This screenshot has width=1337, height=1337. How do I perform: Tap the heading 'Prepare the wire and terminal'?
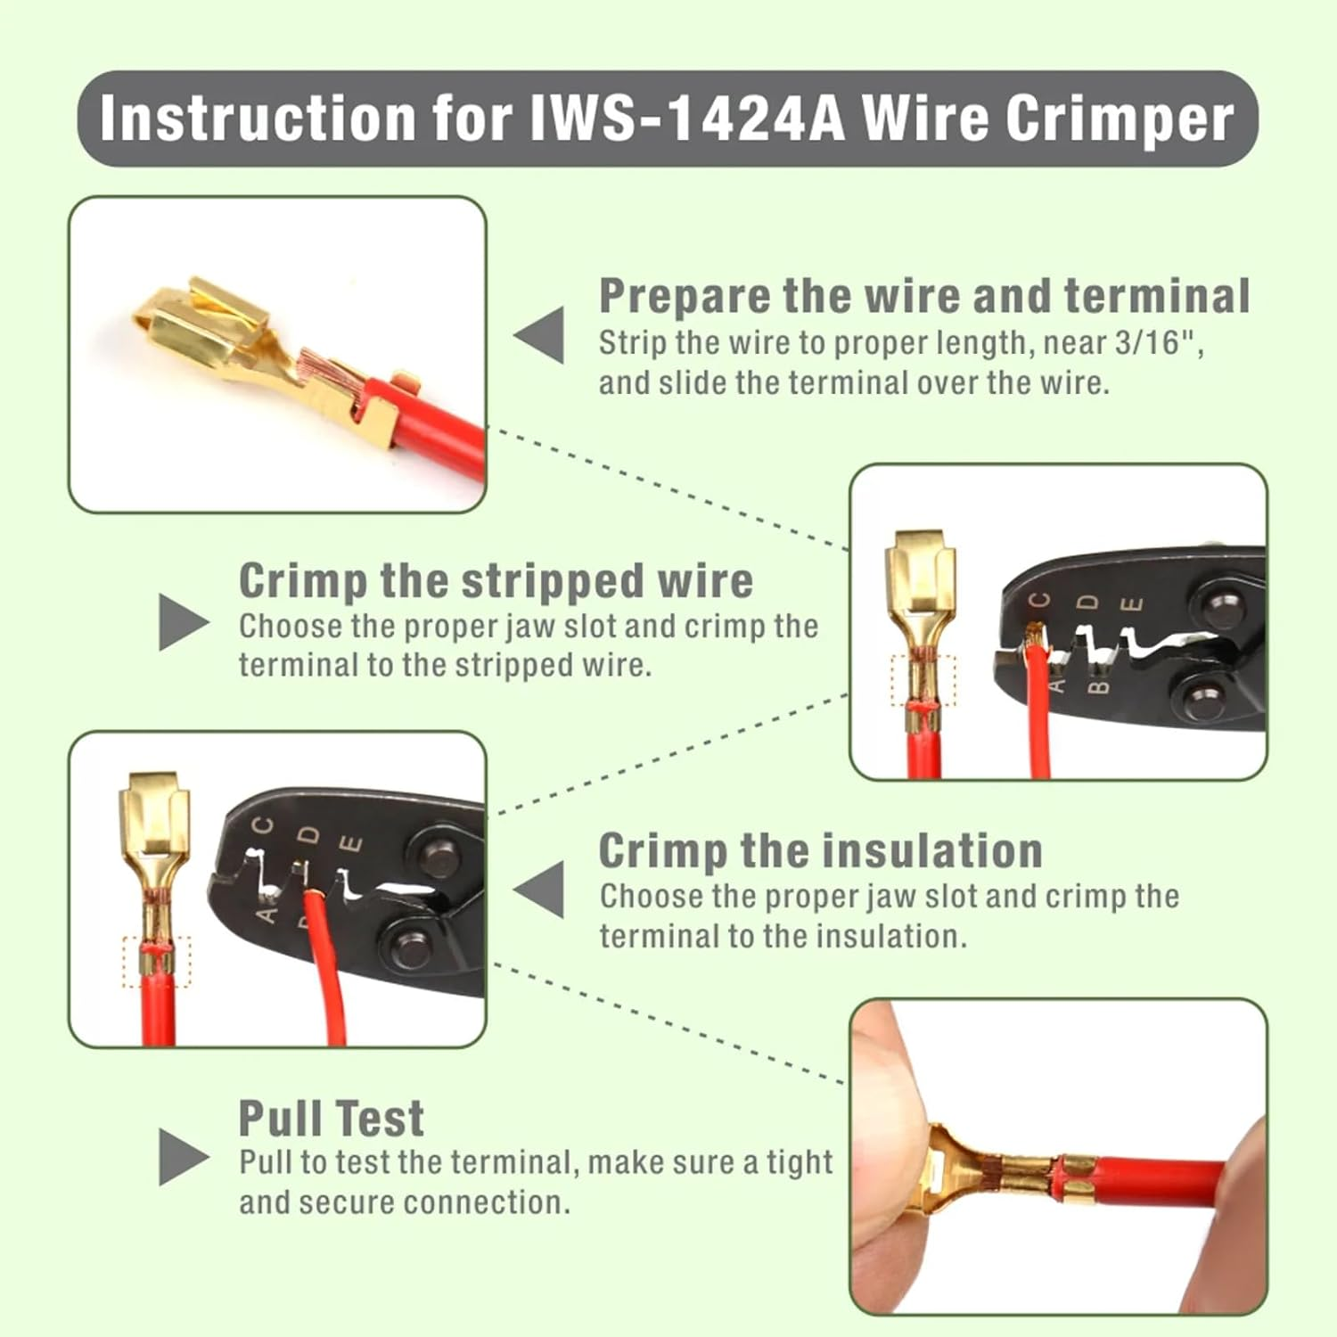(x=923, y=296)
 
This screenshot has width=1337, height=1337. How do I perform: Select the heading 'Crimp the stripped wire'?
(x=496, y=581)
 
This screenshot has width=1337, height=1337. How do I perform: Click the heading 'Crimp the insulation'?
(x=820, y=850)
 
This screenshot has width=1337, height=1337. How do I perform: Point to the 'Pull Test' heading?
(x=331, y=1119)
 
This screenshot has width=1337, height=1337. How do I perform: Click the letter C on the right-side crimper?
(x=1040, y=601)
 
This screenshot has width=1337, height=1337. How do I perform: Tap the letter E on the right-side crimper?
(x=1131, y=604)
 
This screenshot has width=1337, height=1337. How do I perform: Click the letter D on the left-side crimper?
(x=308, y=835)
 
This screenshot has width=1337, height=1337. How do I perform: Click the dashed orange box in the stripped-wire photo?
(x=923, y=680)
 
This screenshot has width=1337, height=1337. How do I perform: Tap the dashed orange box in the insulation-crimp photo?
(x=157, y=962)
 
